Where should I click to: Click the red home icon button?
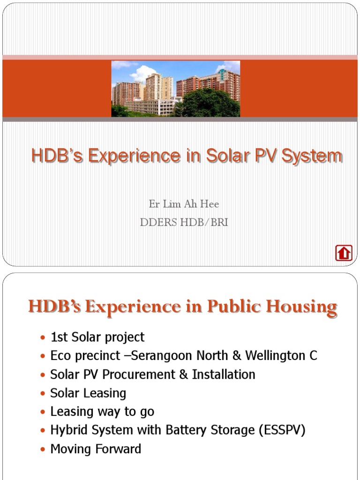click(344, 253)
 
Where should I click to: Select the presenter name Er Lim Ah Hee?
click(184, 204)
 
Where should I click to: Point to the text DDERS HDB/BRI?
click(184, 223)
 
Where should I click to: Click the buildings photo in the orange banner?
click(176, 89)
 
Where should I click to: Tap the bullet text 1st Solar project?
click(97, 337)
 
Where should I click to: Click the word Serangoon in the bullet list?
click(161, 356)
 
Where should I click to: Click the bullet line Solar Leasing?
click(88, 393)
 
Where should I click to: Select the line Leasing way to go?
click(102, 412)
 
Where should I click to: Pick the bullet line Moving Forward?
click(96, 449)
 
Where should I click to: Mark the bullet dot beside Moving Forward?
click(43, 450)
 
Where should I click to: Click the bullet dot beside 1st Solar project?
click(43, 337)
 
